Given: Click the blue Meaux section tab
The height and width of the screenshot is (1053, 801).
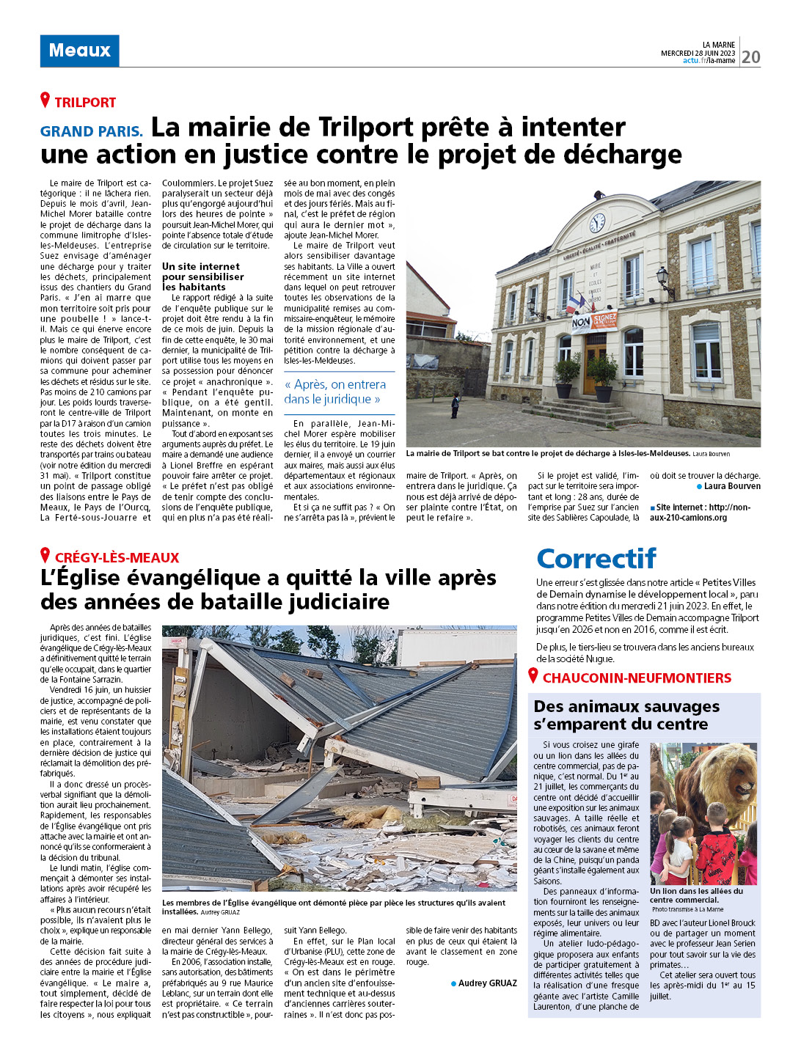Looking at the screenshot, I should tap(79, 51).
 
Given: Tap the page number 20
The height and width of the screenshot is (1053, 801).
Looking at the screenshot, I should tap(750, 57).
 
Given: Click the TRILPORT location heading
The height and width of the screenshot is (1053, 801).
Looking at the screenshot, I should tap(85, 103).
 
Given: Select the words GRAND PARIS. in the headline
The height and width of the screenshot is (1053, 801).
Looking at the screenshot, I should tap(92, 131).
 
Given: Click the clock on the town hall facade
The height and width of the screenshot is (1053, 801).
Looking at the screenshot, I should tap(597, 222).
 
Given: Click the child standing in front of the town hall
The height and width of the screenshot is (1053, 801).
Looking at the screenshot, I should tap(456, 405).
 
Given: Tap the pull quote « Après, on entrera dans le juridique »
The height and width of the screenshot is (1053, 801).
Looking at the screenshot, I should tap(335, 392).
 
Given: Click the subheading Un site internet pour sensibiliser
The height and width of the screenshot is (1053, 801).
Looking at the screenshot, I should tap(203, 276).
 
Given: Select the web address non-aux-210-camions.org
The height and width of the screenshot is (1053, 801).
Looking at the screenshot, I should tap(701, 512).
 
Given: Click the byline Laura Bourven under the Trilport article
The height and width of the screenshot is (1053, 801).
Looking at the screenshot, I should tap(731, 486).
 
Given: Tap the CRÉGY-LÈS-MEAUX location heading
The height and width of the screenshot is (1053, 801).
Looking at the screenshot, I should tap(117, 558).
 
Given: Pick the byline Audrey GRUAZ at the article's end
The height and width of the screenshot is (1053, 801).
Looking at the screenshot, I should tap(487, 983).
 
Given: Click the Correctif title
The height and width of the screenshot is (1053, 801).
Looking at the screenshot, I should tap(596, 559).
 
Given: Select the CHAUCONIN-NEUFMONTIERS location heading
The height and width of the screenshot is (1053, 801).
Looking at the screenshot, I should tap(637, 678).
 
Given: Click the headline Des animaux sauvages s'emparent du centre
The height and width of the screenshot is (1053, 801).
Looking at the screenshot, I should tap(626, 715).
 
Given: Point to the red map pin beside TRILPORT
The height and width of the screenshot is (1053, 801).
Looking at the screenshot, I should tap(45, 100).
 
